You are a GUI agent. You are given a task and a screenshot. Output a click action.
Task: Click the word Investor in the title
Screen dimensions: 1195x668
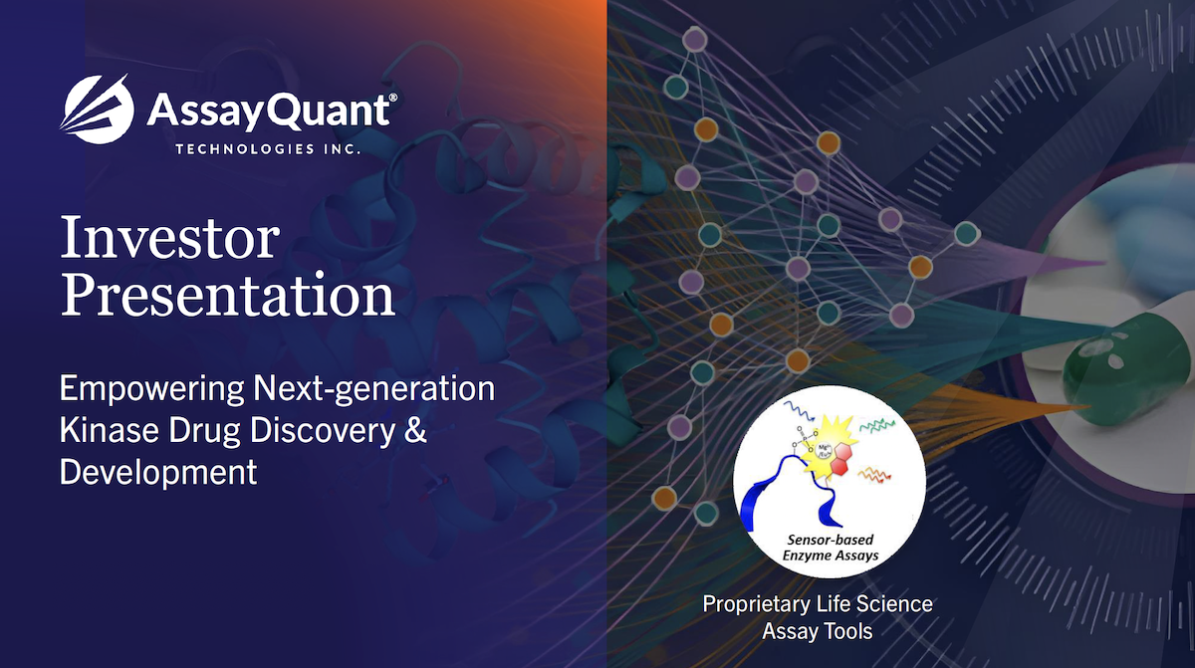[169, 237]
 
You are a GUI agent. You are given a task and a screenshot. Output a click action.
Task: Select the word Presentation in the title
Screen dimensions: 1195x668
[228, 295]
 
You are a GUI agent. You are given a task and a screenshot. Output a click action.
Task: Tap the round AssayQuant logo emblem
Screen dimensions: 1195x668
[98, 109]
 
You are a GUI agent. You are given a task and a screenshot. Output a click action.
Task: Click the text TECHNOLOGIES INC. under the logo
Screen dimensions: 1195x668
[268, 148]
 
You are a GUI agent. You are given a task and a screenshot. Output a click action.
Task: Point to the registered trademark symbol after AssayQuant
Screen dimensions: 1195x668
[392, 99]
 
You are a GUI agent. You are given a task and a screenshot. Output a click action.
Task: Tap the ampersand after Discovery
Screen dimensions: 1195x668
[415, 430]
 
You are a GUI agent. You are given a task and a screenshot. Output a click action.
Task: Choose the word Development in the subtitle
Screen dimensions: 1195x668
[158, 473]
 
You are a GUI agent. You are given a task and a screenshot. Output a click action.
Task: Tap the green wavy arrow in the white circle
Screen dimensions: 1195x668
[877, 425]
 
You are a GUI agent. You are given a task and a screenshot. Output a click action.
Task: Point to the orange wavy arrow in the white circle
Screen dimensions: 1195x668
[874, 474]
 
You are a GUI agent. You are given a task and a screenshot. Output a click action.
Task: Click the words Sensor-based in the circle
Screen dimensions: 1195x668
[831, 540]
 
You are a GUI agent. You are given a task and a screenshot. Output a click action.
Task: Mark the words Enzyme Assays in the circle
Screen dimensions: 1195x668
[831, 557]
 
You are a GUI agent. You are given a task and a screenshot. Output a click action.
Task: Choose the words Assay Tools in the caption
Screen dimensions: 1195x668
[818, 632]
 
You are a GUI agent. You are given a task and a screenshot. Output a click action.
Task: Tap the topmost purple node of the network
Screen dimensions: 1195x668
[695, 39]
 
